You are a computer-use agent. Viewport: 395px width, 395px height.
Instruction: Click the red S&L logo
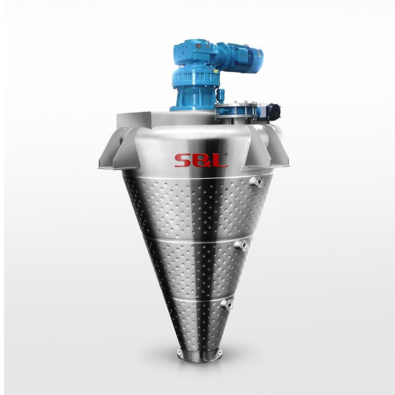click(x=201, y=160)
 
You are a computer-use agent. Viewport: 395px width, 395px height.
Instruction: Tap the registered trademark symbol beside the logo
click(x=226, y=155)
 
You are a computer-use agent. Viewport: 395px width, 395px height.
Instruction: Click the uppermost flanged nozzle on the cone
click(x=256, y=182)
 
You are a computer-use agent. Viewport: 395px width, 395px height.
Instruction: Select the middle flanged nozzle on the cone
click(x=242, y=245)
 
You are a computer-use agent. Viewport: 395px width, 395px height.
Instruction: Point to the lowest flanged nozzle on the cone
click(x=227, y=304)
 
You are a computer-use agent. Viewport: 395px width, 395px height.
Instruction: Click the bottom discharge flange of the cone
click(x=199, y=355)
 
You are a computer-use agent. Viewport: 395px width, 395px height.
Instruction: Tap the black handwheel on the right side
click(x=274, y=112)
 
